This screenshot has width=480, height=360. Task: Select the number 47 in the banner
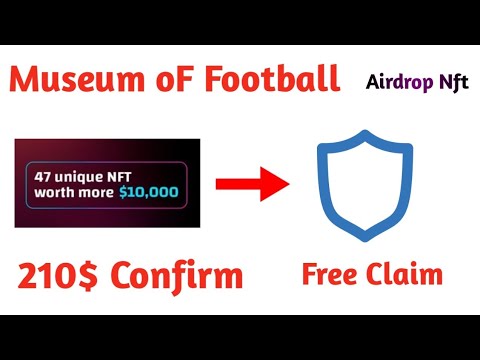(43, 172)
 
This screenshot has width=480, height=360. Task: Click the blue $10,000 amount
(148, 189)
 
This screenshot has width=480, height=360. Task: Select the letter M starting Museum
(31, 78)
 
